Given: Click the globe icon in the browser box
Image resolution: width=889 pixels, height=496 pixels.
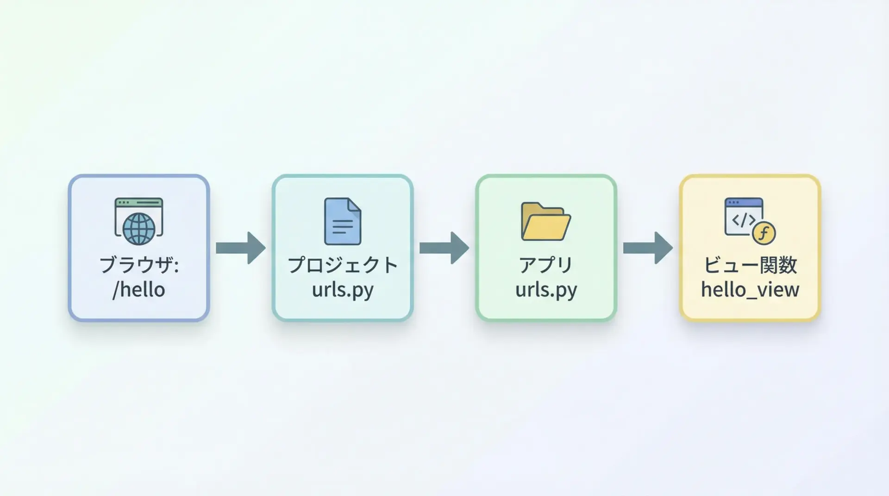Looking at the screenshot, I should [x=139, y=229].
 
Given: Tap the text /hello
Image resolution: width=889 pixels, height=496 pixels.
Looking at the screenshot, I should [x=139, y=290].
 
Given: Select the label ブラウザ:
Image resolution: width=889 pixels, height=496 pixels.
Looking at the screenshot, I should [x=139, y=265].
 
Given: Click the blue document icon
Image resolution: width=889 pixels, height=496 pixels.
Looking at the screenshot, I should [x=343, y=222].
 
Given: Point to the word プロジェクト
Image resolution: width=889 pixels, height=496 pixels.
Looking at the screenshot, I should [x=343, y=265].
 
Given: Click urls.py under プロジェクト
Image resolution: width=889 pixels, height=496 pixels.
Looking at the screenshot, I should [x=343, y=290].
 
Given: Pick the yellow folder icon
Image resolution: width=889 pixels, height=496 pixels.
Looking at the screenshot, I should [x=546, y=222].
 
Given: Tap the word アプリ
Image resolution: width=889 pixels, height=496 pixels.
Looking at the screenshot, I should [x=546, y=265].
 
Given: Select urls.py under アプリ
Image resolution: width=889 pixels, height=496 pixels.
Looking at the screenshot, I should [x=546, y=290].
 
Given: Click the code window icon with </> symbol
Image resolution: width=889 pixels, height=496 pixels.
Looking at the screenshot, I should [x=743, y=217].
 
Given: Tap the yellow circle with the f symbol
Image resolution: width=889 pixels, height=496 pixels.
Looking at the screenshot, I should [x=764, y=233].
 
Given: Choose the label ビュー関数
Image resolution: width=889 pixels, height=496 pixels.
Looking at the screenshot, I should [x=750, y=265].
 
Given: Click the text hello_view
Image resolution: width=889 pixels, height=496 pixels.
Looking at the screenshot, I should [x=750, y=290].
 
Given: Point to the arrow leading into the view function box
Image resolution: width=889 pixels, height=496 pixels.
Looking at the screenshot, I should [x=648, y=248].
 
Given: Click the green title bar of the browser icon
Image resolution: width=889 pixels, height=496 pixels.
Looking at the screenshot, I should [x=139, y=203].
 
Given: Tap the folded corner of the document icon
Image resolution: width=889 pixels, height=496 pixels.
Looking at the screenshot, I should [x=355, y=205].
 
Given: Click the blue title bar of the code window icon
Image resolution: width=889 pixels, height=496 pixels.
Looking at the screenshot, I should [x=744, y=203].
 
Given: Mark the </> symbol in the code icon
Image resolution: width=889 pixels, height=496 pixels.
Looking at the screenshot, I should [x=743, y=220].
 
